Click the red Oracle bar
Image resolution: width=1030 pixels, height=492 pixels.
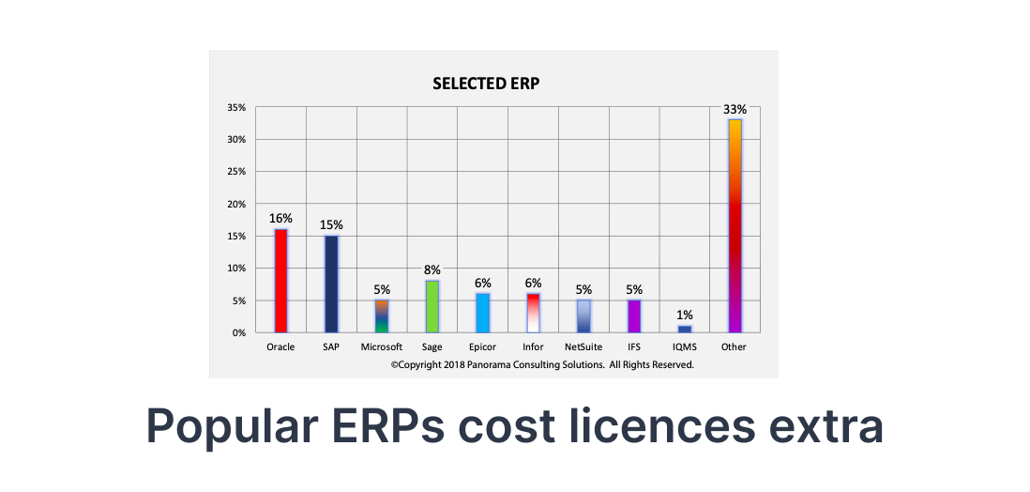(280, 281)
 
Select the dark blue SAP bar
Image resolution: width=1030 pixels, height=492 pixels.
(331, 284)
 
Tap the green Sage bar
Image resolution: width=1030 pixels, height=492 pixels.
(432, 306)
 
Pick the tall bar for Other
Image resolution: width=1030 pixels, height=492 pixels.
(735, 225)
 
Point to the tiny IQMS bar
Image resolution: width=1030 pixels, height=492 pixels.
(685, 329)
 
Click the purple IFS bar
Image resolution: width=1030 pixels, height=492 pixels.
(634, 315)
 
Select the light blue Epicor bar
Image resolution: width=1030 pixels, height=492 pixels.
(483, 313)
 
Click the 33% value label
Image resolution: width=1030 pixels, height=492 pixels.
(734, 109)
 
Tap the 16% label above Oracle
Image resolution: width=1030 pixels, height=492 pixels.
(280, 218)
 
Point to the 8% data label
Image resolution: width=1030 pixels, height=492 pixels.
(432, 269)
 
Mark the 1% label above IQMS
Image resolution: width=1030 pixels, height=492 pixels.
(685, 315)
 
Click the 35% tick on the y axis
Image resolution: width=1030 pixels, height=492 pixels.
(235, 108)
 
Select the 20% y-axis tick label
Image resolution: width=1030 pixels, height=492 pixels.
(235, 204)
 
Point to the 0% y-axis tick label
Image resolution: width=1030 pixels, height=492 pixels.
(238, 332)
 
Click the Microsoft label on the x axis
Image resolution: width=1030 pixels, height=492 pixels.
(382, 347)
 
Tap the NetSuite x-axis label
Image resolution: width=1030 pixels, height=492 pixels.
(583, 347)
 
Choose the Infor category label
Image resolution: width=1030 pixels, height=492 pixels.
(533, 347)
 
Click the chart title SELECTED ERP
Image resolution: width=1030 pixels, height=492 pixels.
(486, 84)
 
